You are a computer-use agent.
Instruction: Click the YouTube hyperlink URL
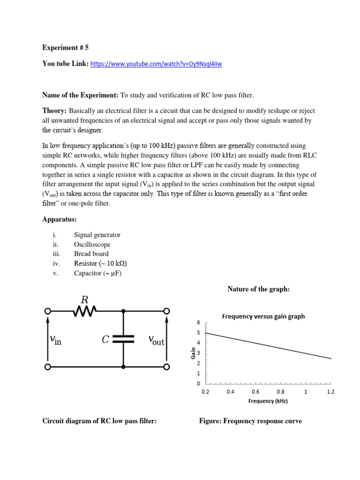coord(156,64)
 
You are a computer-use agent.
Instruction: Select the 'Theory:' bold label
coord(54,111)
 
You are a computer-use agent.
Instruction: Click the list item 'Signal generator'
coord(97,235)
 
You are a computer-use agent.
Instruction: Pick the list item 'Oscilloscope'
coord(92,244)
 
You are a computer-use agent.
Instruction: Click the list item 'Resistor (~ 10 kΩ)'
coord(101,263)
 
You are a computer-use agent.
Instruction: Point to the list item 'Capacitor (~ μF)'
coord(97,273)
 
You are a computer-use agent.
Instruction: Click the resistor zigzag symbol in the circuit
coord(85,310)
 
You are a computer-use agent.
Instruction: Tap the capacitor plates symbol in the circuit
coord(123,339)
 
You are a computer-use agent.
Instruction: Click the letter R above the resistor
coord(85,300)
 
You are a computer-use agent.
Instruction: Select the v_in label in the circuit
coord(55,339)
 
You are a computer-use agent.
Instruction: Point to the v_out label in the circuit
coord(156,339)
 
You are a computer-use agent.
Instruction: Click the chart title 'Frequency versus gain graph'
coord(263,316)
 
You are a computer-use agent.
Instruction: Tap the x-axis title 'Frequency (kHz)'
coord(268,401)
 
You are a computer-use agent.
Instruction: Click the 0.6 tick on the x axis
coord(255,391)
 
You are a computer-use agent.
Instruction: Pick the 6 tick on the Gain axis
coord(198,323)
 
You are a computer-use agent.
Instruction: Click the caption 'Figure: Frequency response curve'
coord(250,421)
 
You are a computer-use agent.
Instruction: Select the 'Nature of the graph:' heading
coord(259,289)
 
